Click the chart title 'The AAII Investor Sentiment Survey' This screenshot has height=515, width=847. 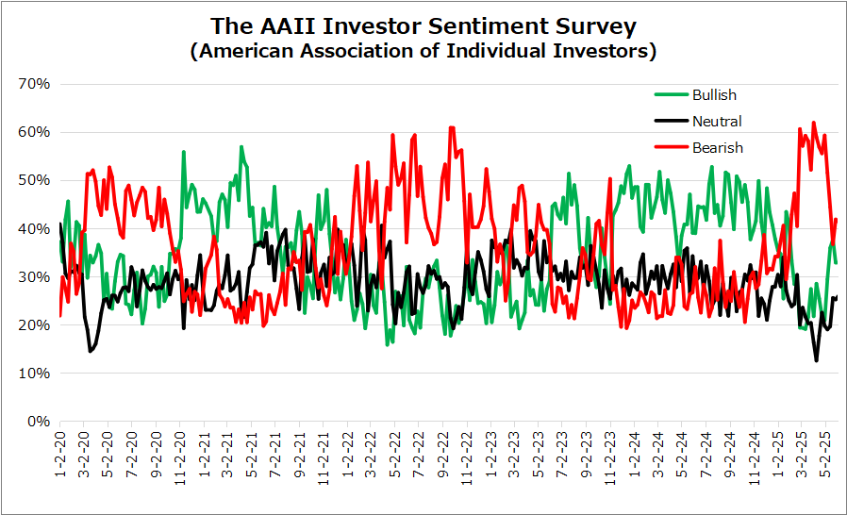tap(423, 26)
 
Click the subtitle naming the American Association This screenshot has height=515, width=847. tap(423, 51)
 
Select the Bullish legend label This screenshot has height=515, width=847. tap(714, 95)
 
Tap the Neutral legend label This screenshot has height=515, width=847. tap(717, 122)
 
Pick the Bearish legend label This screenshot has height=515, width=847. tap(718, 148)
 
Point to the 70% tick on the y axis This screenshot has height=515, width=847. tap(34, 84)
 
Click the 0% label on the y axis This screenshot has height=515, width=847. tap(39, 421)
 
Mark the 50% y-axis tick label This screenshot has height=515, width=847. tap(34, 180)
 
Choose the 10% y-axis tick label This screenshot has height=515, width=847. tap(34, 373)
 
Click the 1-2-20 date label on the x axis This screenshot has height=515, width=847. tap(60, 454)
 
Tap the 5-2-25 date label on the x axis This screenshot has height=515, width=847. tap(825, 454)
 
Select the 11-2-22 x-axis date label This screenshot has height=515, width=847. tap(467, 457)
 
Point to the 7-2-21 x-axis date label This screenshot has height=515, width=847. tap(275, 454)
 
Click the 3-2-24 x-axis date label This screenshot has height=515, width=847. tap(658, 454)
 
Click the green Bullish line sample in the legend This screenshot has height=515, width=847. tap(672, 94)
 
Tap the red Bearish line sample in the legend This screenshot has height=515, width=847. tap(672, 147)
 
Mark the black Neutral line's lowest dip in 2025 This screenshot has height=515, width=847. tap(816, 360)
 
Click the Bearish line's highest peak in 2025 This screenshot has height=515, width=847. tap(813, 124)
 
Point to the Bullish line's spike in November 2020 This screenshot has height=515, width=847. tap(184, 152)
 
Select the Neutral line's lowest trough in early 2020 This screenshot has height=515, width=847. tap(90, 351)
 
